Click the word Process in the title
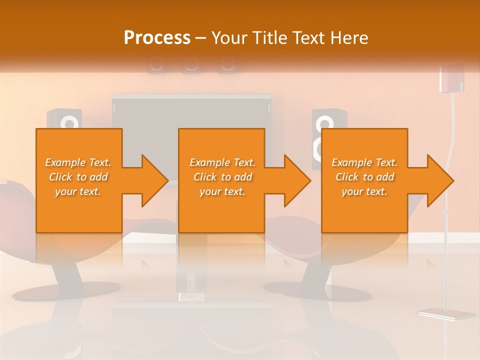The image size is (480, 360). point(157,38)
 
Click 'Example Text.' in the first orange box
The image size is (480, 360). point(78,162)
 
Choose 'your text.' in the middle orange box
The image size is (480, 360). point(222,191)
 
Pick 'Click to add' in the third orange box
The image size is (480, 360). point(364,177)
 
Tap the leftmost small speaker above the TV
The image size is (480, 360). point(156,64)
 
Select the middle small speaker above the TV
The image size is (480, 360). point(191,64)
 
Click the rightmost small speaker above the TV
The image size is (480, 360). point(227,64)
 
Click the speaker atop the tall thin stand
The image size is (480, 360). point(451,79)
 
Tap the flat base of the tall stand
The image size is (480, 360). point(446,314)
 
